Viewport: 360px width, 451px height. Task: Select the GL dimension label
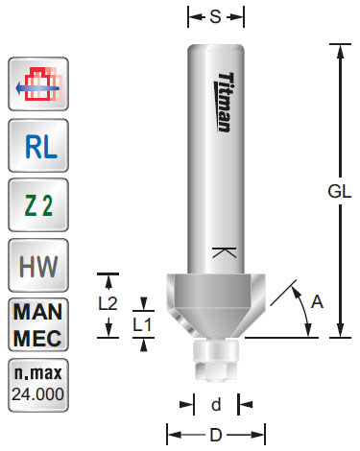pos(339,191)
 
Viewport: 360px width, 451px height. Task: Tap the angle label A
pos(319,302)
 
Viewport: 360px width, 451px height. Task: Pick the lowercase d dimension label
pos(216,404)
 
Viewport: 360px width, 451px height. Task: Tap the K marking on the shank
pos(223,254)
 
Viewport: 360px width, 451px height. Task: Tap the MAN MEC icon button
pos(36,324)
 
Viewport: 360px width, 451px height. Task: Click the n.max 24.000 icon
pos(36,383)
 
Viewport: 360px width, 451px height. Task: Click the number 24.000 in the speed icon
pos(36,393)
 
